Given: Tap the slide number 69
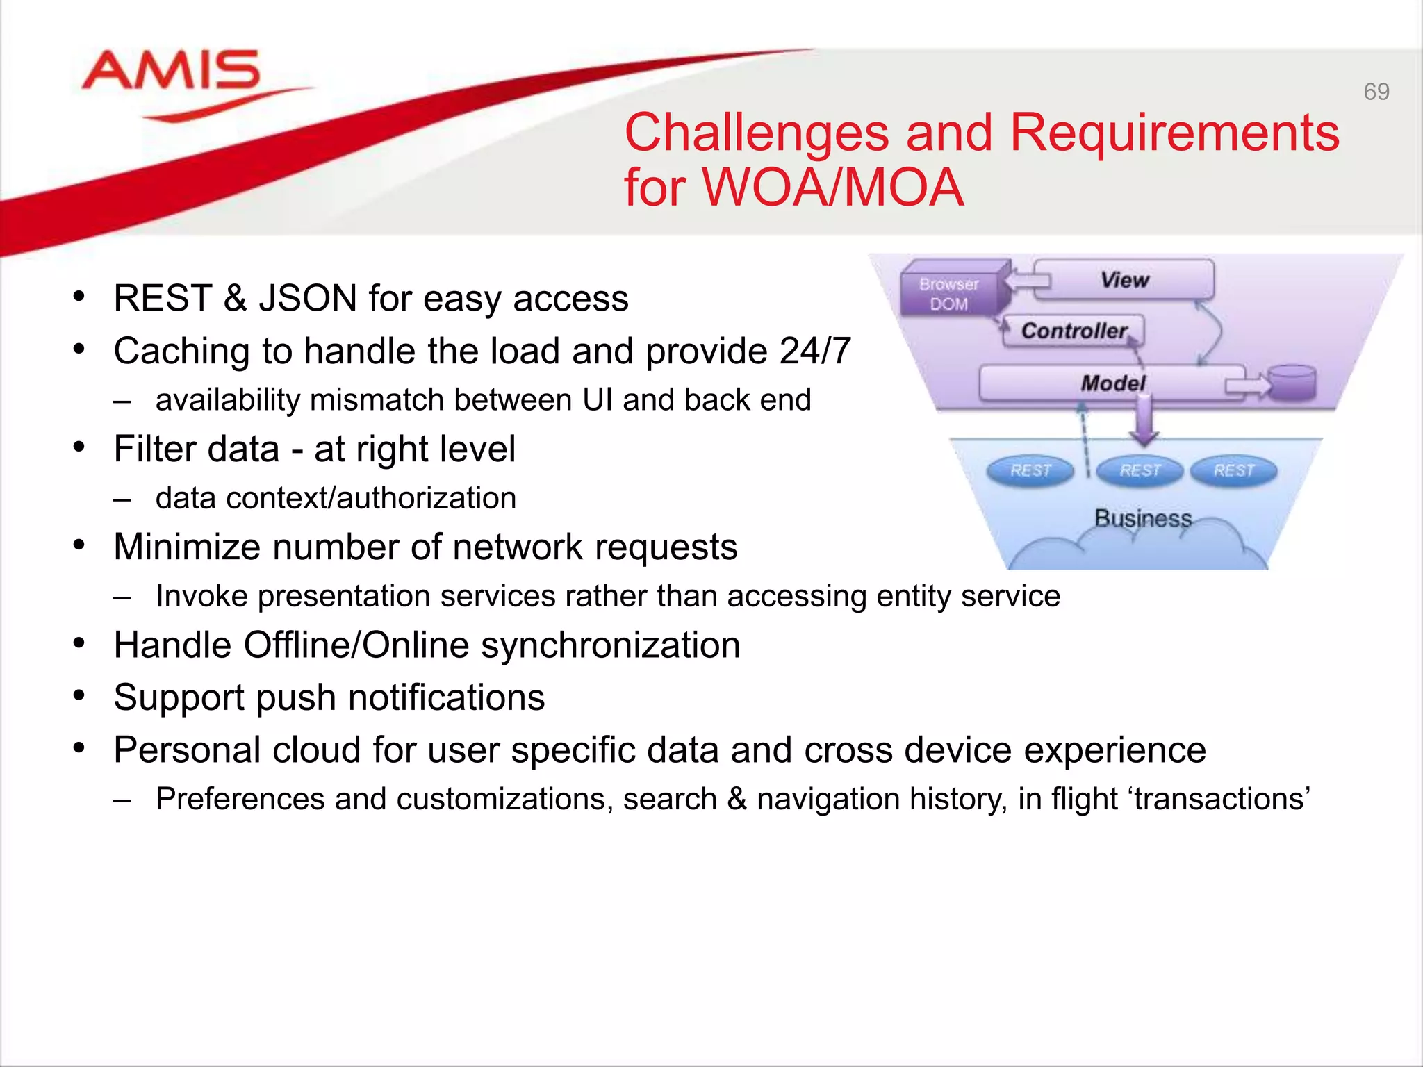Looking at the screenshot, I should point(1376,92).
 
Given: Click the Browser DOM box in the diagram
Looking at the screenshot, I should point(949,294).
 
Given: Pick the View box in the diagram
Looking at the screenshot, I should point(1124,280).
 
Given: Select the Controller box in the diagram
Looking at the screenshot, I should point(1074,331).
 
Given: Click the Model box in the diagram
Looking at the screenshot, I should point(1112,383).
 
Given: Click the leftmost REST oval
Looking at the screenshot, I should point(1030,470).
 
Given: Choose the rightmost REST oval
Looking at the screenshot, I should point(1233,470).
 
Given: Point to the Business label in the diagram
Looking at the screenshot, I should point(1142,518).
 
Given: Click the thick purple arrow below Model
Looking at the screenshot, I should point(1144,421).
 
